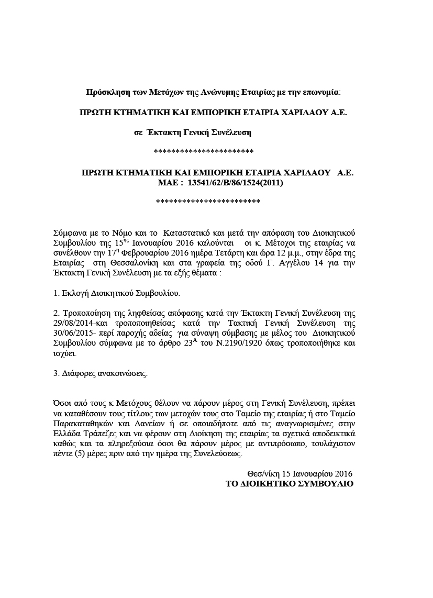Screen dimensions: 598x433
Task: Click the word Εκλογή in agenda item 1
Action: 75,294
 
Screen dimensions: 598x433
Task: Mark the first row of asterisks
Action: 204,152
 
